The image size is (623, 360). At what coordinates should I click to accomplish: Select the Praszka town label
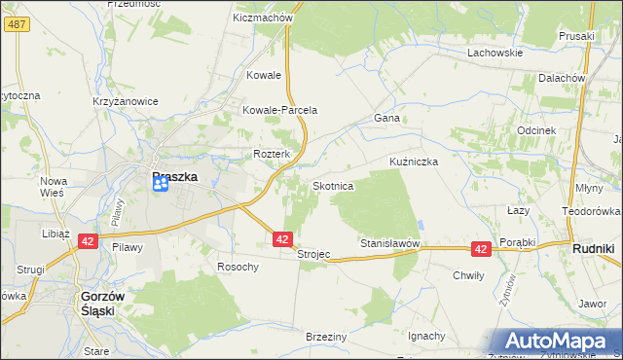point(175,177)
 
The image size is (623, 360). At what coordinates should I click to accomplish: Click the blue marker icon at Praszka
point(162,184)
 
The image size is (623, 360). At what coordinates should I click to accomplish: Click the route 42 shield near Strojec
point(282,238)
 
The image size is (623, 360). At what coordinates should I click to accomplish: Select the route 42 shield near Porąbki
point(480,249)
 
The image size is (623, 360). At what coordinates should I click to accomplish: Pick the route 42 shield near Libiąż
point(87,241)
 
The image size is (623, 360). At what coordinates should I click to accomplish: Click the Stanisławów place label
point(389,242)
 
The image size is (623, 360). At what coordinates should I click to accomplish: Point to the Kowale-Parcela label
point(280,110)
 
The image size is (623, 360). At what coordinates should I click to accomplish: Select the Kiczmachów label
point(263,18)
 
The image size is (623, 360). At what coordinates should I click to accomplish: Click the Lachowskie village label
point(495,53)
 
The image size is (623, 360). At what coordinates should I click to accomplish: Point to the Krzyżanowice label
point(125,101)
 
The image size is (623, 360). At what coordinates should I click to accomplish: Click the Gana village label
point(386,118)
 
